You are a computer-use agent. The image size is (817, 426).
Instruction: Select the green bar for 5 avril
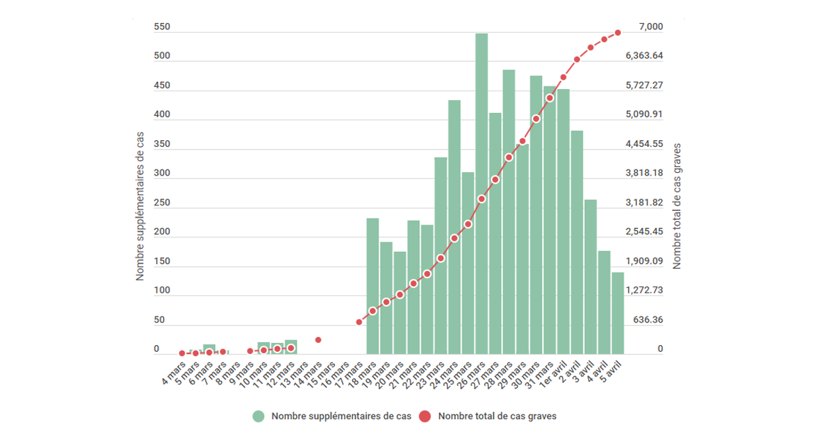pos(618,313)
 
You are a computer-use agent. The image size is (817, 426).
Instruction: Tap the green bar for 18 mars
pos(372,286)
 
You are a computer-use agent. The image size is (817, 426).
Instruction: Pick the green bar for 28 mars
pos(509,211)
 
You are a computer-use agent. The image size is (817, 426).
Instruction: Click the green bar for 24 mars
pos(454,225)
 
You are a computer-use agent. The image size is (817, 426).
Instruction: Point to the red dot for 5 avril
pos(618,32)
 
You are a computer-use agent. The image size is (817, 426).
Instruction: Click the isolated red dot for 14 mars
pos(318,340)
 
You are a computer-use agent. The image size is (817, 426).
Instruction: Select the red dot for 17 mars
pos(359,322)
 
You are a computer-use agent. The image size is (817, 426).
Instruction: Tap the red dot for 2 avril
pos(577,60)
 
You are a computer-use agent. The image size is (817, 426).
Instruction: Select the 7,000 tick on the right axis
pos(650,27)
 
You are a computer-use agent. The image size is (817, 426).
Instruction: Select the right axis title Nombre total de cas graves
pos(677,206)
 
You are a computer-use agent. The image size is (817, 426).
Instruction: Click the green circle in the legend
pos(258,416)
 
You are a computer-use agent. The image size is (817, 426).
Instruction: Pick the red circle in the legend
pos(426,416)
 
